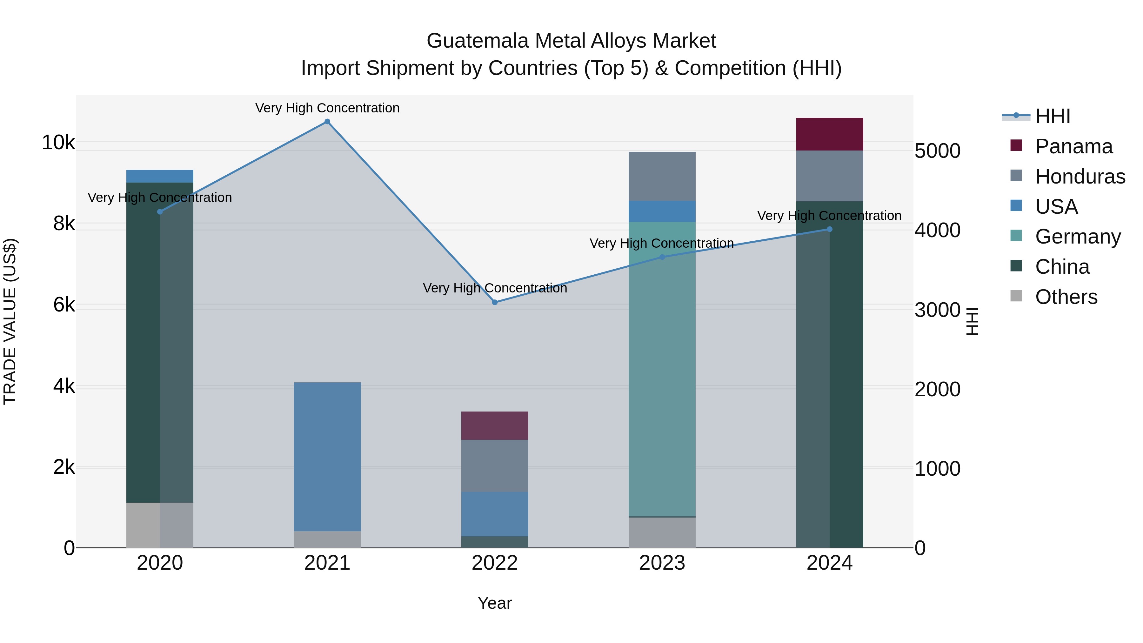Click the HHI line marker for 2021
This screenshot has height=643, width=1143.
point(327,122)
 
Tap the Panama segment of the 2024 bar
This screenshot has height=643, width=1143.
point(829,134)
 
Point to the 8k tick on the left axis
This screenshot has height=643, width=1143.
point(64,224)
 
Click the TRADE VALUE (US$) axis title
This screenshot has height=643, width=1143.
point(10,321)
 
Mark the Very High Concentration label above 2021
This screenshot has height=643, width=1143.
point(327,108)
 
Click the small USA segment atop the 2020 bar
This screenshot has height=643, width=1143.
point(160,176)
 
